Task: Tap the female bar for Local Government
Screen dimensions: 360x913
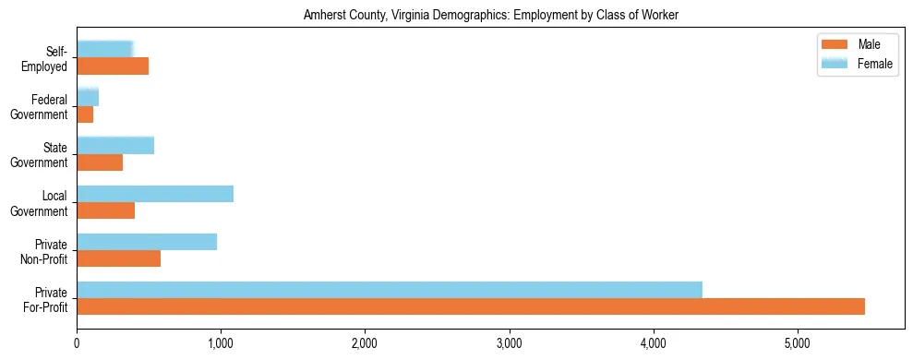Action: tap(155, 193)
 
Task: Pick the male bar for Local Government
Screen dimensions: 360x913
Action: tap(106, 210)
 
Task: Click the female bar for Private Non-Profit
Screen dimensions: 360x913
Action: tap(147, 241)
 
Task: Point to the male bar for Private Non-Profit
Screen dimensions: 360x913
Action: tap(119, 258)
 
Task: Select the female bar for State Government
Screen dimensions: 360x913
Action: tap(115, 145)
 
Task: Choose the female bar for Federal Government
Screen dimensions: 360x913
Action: tap(88, 97)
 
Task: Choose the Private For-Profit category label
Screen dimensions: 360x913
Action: tap(45, 299)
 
